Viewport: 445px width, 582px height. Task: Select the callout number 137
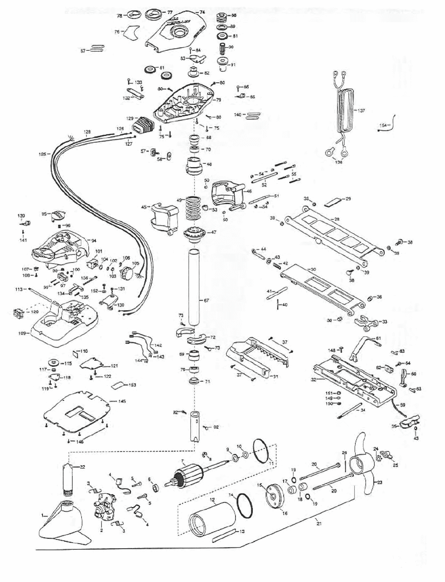[x=361, y=111]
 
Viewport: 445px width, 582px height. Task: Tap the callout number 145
[x=122, y=401]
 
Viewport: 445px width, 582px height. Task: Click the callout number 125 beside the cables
[x=42, y=154]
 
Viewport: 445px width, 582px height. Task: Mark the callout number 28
[x=337, y=219]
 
